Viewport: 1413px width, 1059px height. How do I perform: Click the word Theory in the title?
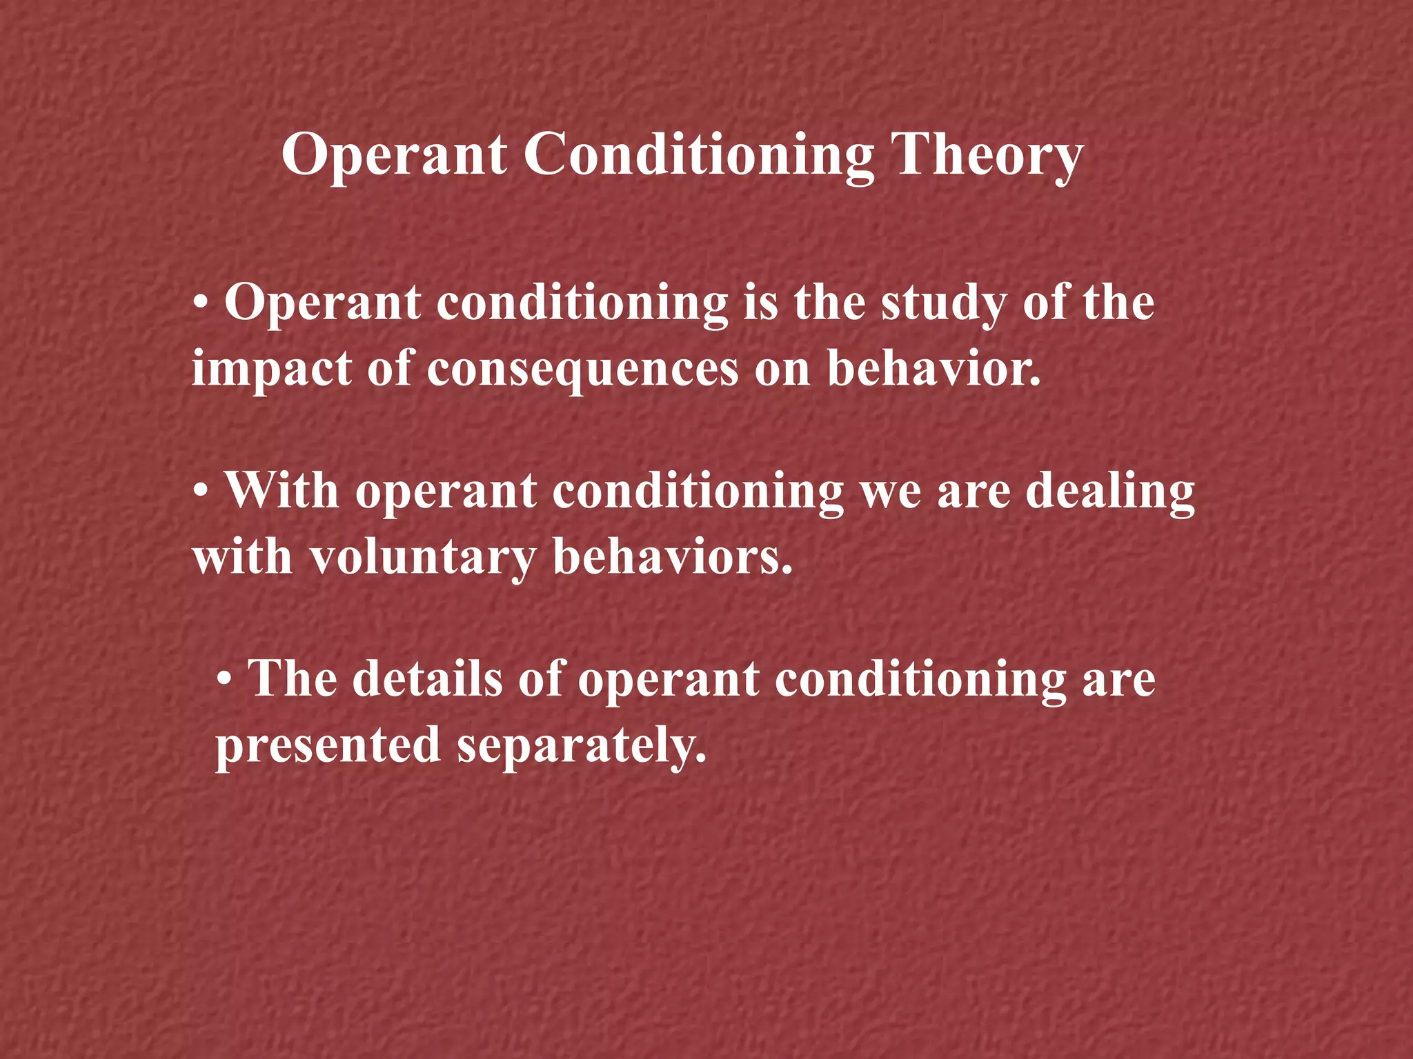[987, 155]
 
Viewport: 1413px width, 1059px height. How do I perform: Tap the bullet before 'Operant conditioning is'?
[201, 303]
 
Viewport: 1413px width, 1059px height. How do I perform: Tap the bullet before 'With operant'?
[201, 492]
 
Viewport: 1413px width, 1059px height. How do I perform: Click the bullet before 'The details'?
[224, 680]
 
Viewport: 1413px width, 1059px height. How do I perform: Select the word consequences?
[582, 369]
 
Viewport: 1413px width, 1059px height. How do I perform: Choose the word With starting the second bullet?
[282, 491]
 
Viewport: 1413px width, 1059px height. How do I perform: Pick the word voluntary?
[422, 557]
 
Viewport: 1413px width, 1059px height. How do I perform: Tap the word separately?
[582, 745]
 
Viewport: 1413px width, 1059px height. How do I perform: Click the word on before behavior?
[782, 369]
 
